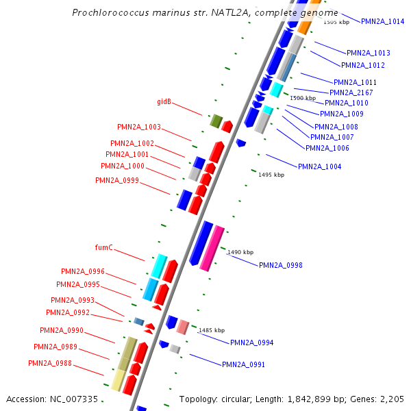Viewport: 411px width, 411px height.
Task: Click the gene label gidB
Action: [x=164, y=102]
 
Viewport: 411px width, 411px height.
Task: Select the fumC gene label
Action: [x=103, y=247]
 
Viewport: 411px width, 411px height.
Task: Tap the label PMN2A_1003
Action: [x=139, y=127]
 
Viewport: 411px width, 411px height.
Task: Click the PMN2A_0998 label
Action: [x=281, y=265]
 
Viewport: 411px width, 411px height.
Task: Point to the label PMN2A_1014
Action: [x=382, y=21]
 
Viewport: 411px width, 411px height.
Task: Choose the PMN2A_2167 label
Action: [x=351, y=92]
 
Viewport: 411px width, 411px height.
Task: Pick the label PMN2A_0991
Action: [x=243, y=364]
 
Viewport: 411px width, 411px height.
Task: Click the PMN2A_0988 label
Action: [x=50, y=362]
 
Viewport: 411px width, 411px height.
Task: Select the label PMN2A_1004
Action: [x=319, y=166]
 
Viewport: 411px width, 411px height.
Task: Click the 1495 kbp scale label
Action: [x=271, y=175]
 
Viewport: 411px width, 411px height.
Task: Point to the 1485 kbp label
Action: [x=212, y=330]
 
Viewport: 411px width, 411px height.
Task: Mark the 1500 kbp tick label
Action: [x=303, y=98]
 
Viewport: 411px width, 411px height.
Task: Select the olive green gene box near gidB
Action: [x=216, y=121]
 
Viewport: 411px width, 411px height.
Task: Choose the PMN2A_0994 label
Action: [x=251, y=342]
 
